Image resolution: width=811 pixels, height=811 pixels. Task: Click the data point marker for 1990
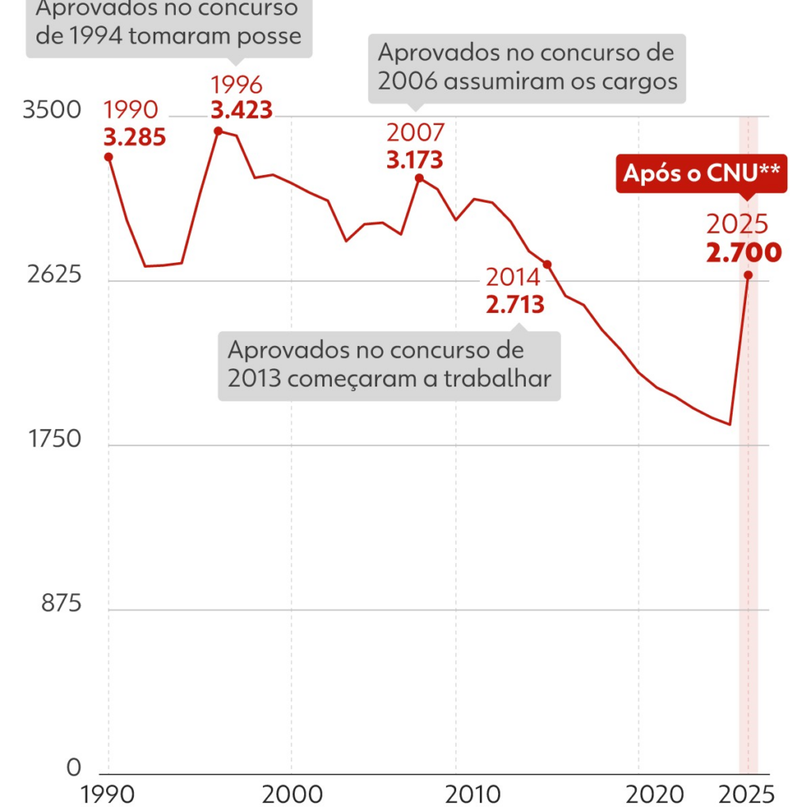point(109,157)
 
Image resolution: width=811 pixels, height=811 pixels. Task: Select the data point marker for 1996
point(218,131)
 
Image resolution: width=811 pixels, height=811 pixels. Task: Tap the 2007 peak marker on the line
point(419,178)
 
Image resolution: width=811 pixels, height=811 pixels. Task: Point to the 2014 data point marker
point(546,264)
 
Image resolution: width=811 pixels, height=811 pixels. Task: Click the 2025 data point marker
point(748,275)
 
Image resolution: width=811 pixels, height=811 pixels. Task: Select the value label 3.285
point(135,138)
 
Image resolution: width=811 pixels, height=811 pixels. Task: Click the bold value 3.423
point(242,109)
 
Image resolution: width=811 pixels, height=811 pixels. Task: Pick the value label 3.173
point(414,160)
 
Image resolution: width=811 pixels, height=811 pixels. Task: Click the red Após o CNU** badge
point(702,173)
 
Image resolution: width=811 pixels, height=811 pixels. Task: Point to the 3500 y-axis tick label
point(52,110)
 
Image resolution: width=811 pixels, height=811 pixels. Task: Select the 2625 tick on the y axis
point(52,275)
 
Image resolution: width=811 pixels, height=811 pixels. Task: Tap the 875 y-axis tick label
point(61,604)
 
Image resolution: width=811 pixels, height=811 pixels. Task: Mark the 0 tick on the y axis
point(74,767)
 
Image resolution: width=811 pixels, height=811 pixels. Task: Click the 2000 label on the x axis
point(291,794)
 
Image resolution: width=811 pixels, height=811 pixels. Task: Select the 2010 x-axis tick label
point(455,794)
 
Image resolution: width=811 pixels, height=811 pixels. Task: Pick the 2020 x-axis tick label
point(639,794)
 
